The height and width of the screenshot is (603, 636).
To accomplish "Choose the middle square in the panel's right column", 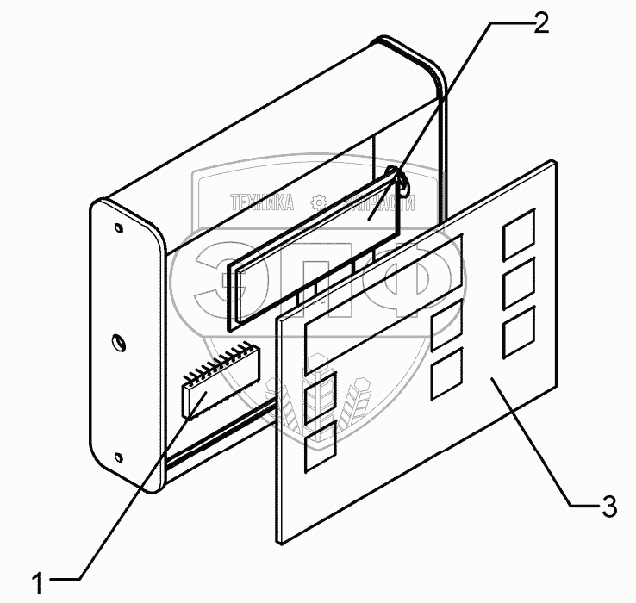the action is click(519, 282).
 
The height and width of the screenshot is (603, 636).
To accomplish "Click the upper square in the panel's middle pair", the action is click(446, 326).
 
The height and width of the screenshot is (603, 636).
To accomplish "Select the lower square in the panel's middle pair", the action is click(446, 373).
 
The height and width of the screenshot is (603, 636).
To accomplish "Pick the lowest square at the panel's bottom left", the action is click(320, 446).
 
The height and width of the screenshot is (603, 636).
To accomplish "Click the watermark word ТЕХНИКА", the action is click(262, 203).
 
